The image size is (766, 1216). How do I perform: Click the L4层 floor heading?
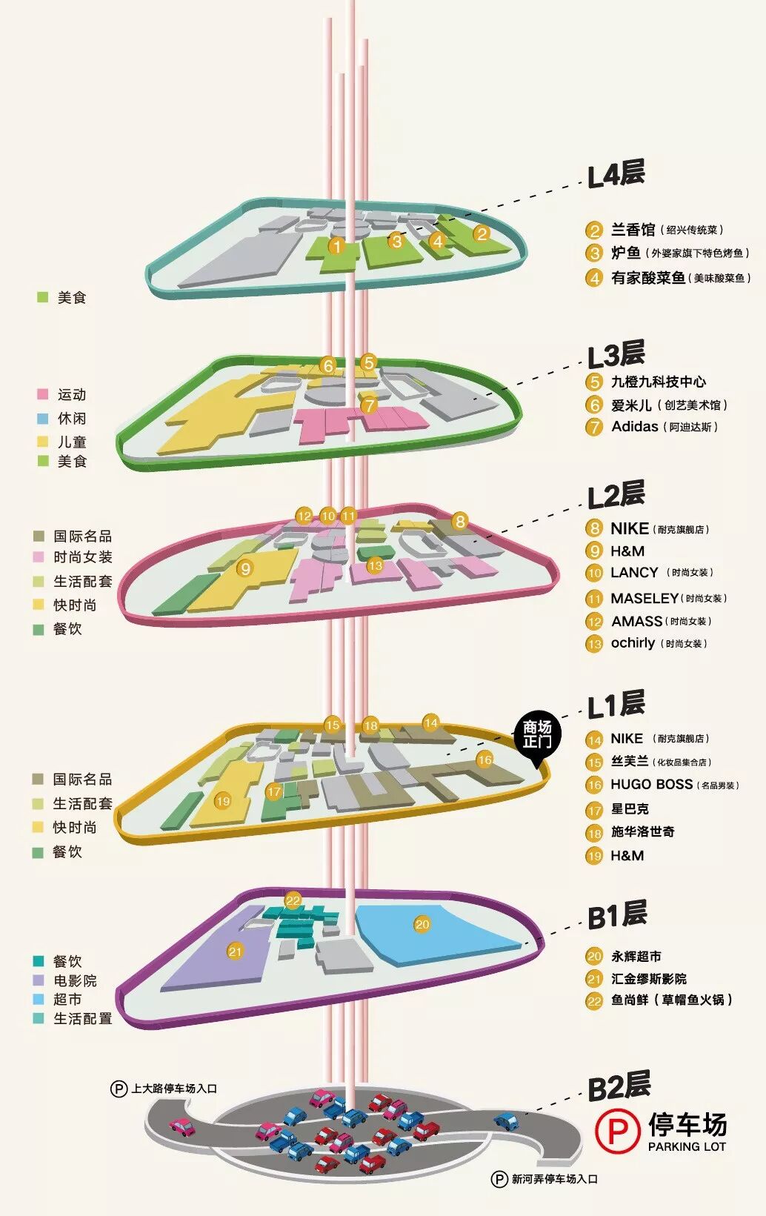coord(616,175)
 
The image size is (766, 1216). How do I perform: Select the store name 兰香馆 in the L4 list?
coord(633,230)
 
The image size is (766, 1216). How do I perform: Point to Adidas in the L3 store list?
coord(635,427)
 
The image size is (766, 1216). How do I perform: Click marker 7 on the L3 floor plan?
coord(369,405)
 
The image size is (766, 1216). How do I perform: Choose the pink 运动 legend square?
coord(43,394)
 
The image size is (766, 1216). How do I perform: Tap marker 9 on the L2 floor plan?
coord(245,568)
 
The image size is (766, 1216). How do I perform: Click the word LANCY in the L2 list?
coord(634,573)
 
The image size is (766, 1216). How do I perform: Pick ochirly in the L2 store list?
coord(633,643)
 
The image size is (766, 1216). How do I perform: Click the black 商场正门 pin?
coord(537,736)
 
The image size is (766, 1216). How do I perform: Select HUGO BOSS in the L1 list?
coord(651,785)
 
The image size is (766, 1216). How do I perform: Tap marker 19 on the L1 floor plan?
coord(223,800)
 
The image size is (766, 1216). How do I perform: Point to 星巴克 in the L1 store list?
coord(630,809)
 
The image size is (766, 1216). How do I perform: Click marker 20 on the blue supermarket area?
coord(422,924)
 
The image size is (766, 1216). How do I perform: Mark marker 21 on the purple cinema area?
coord(235,951)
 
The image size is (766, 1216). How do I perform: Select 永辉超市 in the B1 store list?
coord(636,957)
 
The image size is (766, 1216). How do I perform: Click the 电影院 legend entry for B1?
coord(75,980)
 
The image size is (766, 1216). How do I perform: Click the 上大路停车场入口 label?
coord(174,1089)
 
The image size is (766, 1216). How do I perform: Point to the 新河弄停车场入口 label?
coord(554,1178)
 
